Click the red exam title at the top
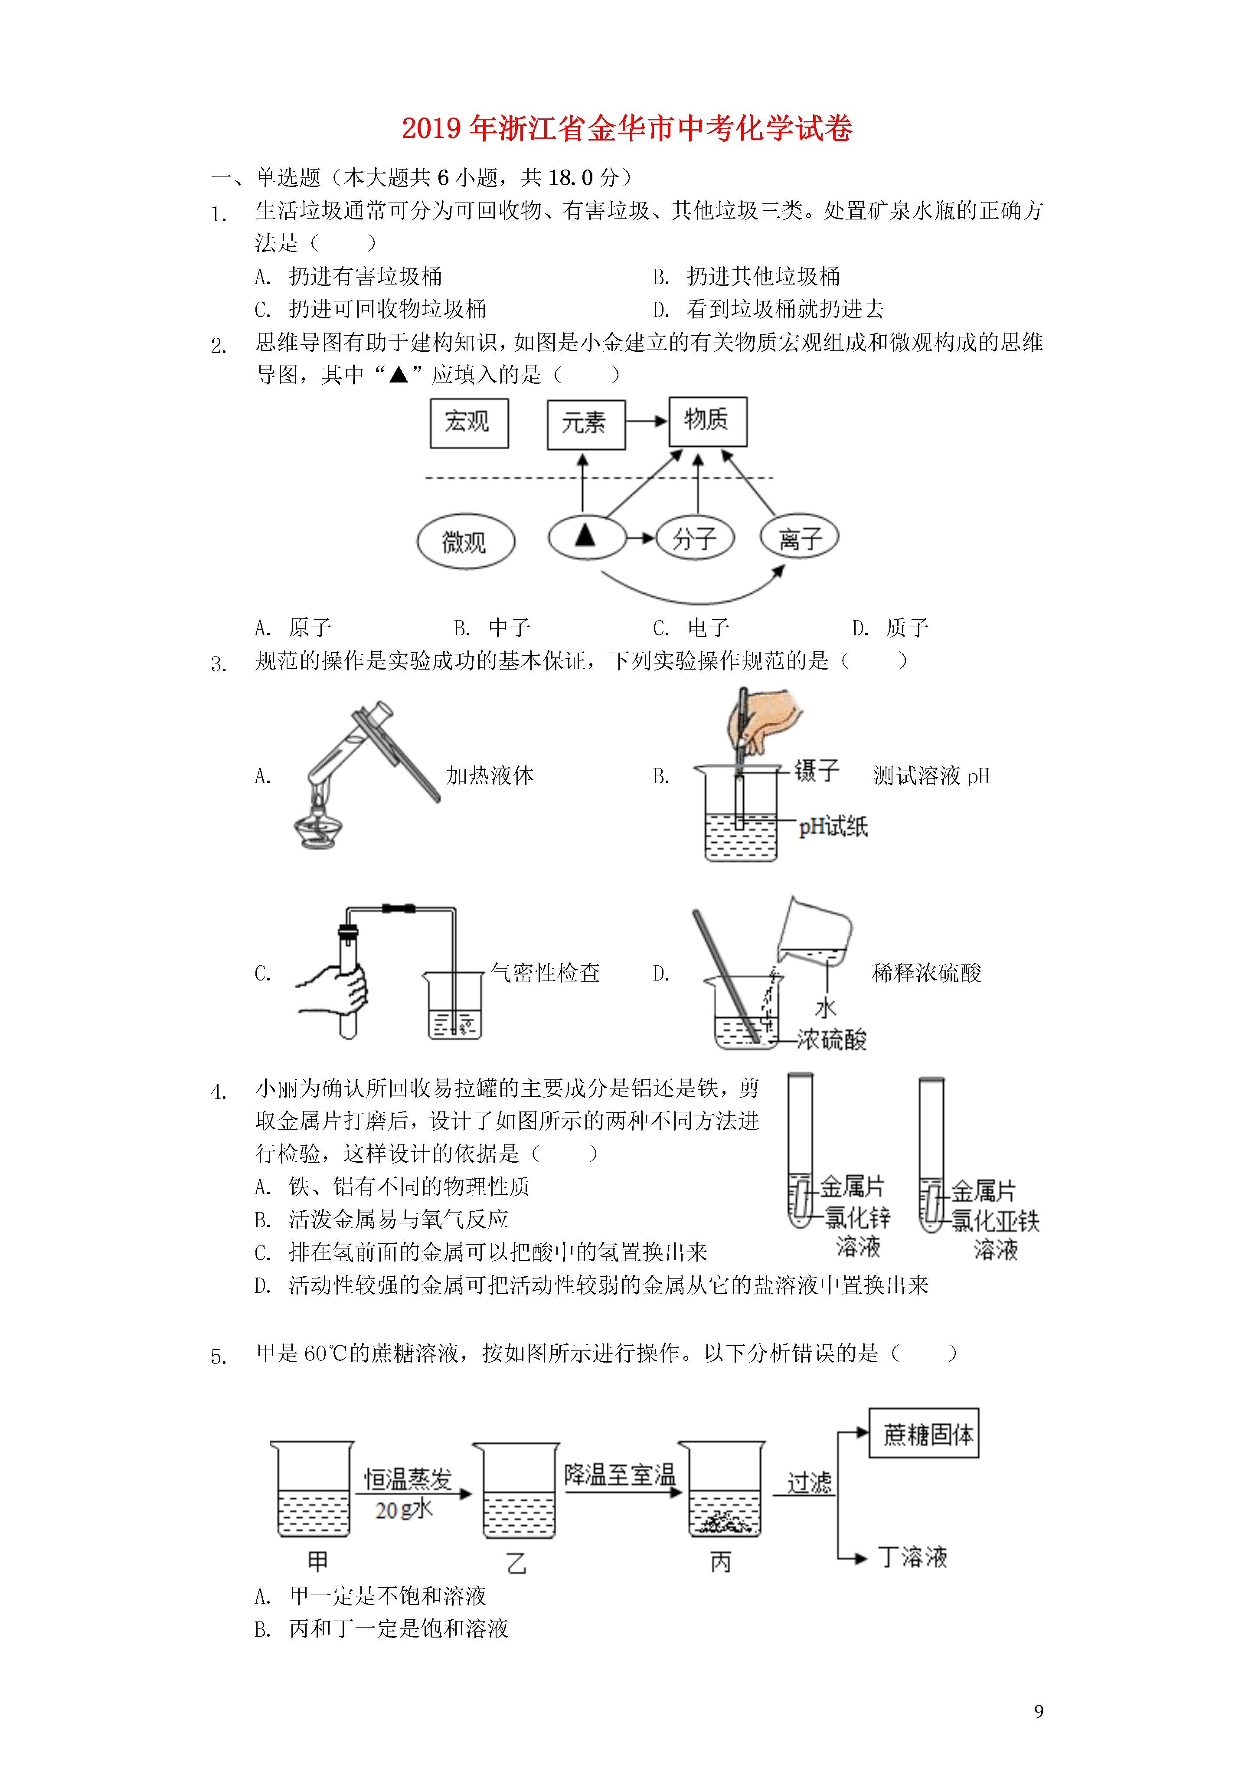click(x=626, y=128)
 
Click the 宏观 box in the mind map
click(x=469, y=423)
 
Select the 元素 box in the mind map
click(x=585, y=425)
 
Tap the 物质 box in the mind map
click(x=707, y=422)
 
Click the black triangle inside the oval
click(x=585, y=535)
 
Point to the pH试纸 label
click(x=833, y=827)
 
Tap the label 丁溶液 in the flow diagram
click(x=912, y=1557)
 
